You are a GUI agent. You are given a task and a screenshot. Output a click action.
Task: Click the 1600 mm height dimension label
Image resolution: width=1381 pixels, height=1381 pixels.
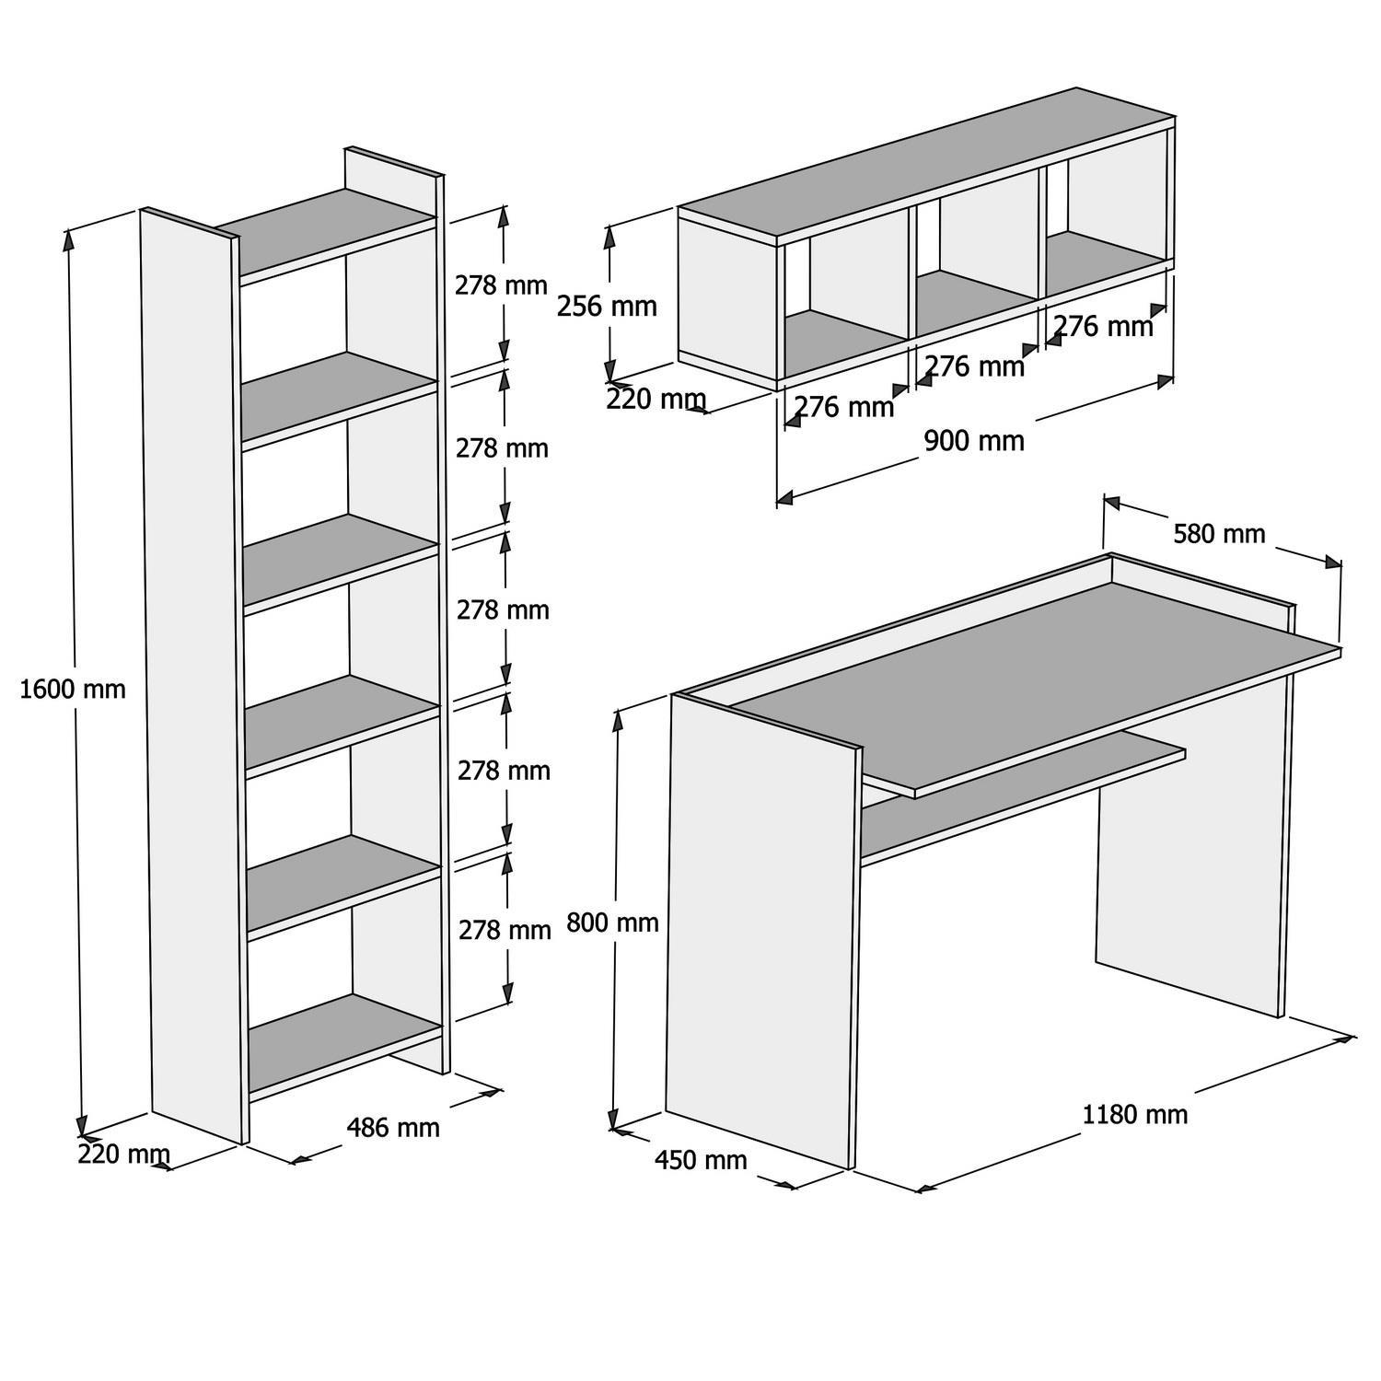(x=72, y=689)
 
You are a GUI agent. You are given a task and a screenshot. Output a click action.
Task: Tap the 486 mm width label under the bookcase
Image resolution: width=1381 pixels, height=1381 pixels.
(x=392, y=1127)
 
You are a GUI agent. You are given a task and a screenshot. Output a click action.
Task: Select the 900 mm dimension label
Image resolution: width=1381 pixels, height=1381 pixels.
(x=973, y=441)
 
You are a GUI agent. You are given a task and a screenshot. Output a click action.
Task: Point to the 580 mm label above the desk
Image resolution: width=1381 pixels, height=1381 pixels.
(x=1218, y=534)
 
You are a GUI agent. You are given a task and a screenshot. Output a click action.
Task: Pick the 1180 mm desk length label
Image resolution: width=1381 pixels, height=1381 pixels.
(x=1134, y=1115)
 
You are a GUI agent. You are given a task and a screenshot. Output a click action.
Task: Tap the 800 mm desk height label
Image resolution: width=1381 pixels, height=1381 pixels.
(x=612, y=922)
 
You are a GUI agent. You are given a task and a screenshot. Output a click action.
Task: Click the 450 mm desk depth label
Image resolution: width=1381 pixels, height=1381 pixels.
(x=700, y=1160)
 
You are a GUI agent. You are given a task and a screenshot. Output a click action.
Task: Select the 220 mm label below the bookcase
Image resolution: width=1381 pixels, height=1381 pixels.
(x=123, y=1154)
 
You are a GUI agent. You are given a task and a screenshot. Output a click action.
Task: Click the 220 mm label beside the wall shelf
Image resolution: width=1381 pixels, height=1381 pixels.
(x=656, y=400)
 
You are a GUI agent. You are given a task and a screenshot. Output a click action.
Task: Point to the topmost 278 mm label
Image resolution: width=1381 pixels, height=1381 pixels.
(x=501, y=285)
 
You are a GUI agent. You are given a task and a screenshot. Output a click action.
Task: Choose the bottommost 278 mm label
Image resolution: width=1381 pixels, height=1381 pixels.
(x=505, y=930)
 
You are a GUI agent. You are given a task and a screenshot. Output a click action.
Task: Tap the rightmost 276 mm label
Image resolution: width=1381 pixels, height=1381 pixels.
(x=1102, y=326)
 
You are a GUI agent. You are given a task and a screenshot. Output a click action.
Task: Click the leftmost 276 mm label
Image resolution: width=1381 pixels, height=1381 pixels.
(x=843, y=406)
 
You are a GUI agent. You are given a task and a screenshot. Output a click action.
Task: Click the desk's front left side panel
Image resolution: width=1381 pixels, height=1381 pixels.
(x=760, y=930)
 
